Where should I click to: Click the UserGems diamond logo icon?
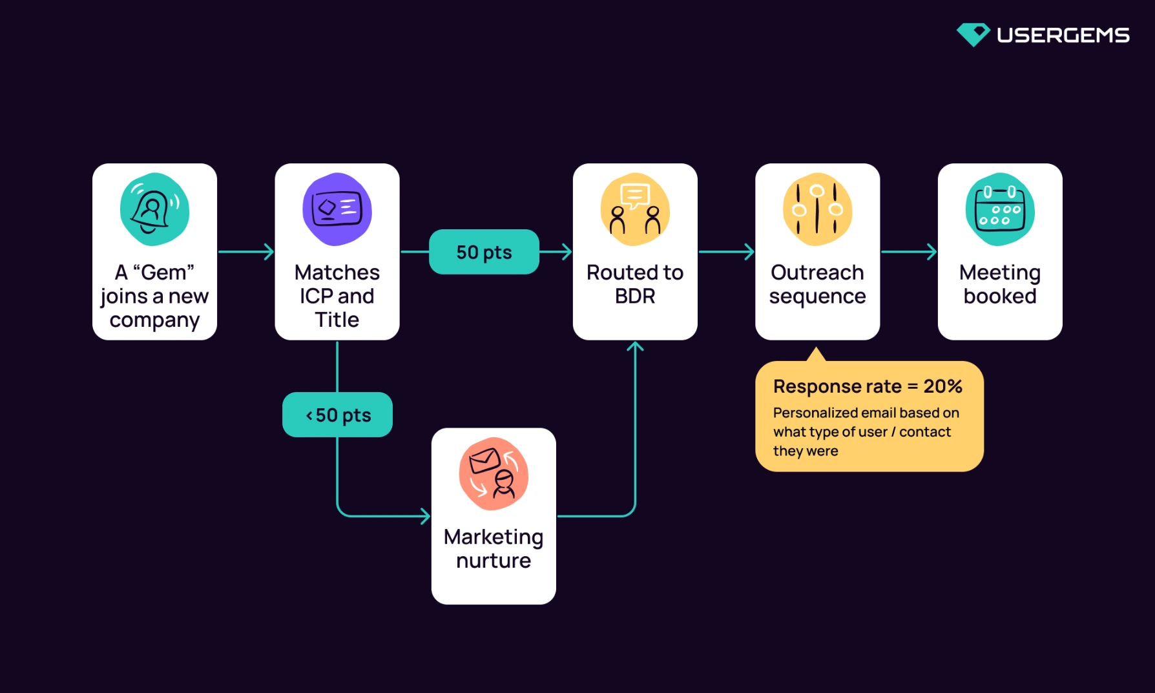973,34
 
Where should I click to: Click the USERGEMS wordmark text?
1063,35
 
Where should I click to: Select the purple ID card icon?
337,209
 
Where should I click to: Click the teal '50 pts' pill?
484,252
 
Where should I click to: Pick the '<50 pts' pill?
337,415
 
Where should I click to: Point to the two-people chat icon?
635,209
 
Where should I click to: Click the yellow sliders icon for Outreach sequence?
817,209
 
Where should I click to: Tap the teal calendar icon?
999,209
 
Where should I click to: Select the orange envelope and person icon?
494,474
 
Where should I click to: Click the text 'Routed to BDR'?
635,284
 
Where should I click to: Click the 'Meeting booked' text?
999,284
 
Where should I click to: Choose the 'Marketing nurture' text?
494,548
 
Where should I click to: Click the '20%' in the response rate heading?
942,386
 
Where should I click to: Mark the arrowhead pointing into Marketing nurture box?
425,516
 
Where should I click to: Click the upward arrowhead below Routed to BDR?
635,347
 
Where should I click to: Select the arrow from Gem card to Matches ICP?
246,252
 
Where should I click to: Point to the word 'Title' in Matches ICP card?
337,320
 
